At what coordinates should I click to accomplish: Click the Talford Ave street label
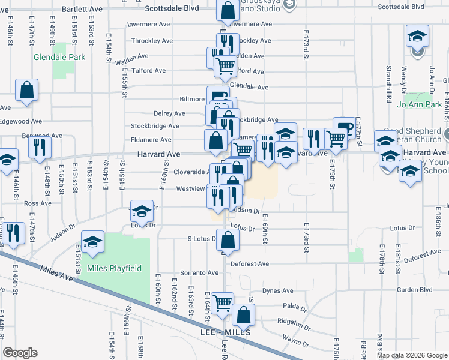point(149,71)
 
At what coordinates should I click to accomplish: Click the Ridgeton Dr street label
point(294,321)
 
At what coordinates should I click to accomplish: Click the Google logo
point(20,352)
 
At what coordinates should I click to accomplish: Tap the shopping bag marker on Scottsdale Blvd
point(228,10)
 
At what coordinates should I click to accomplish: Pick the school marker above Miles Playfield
point(92,242)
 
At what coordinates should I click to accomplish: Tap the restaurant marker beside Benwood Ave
point(40,146)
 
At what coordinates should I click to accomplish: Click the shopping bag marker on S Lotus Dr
point(228,241)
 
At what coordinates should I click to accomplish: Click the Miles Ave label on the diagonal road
point(56,275)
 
